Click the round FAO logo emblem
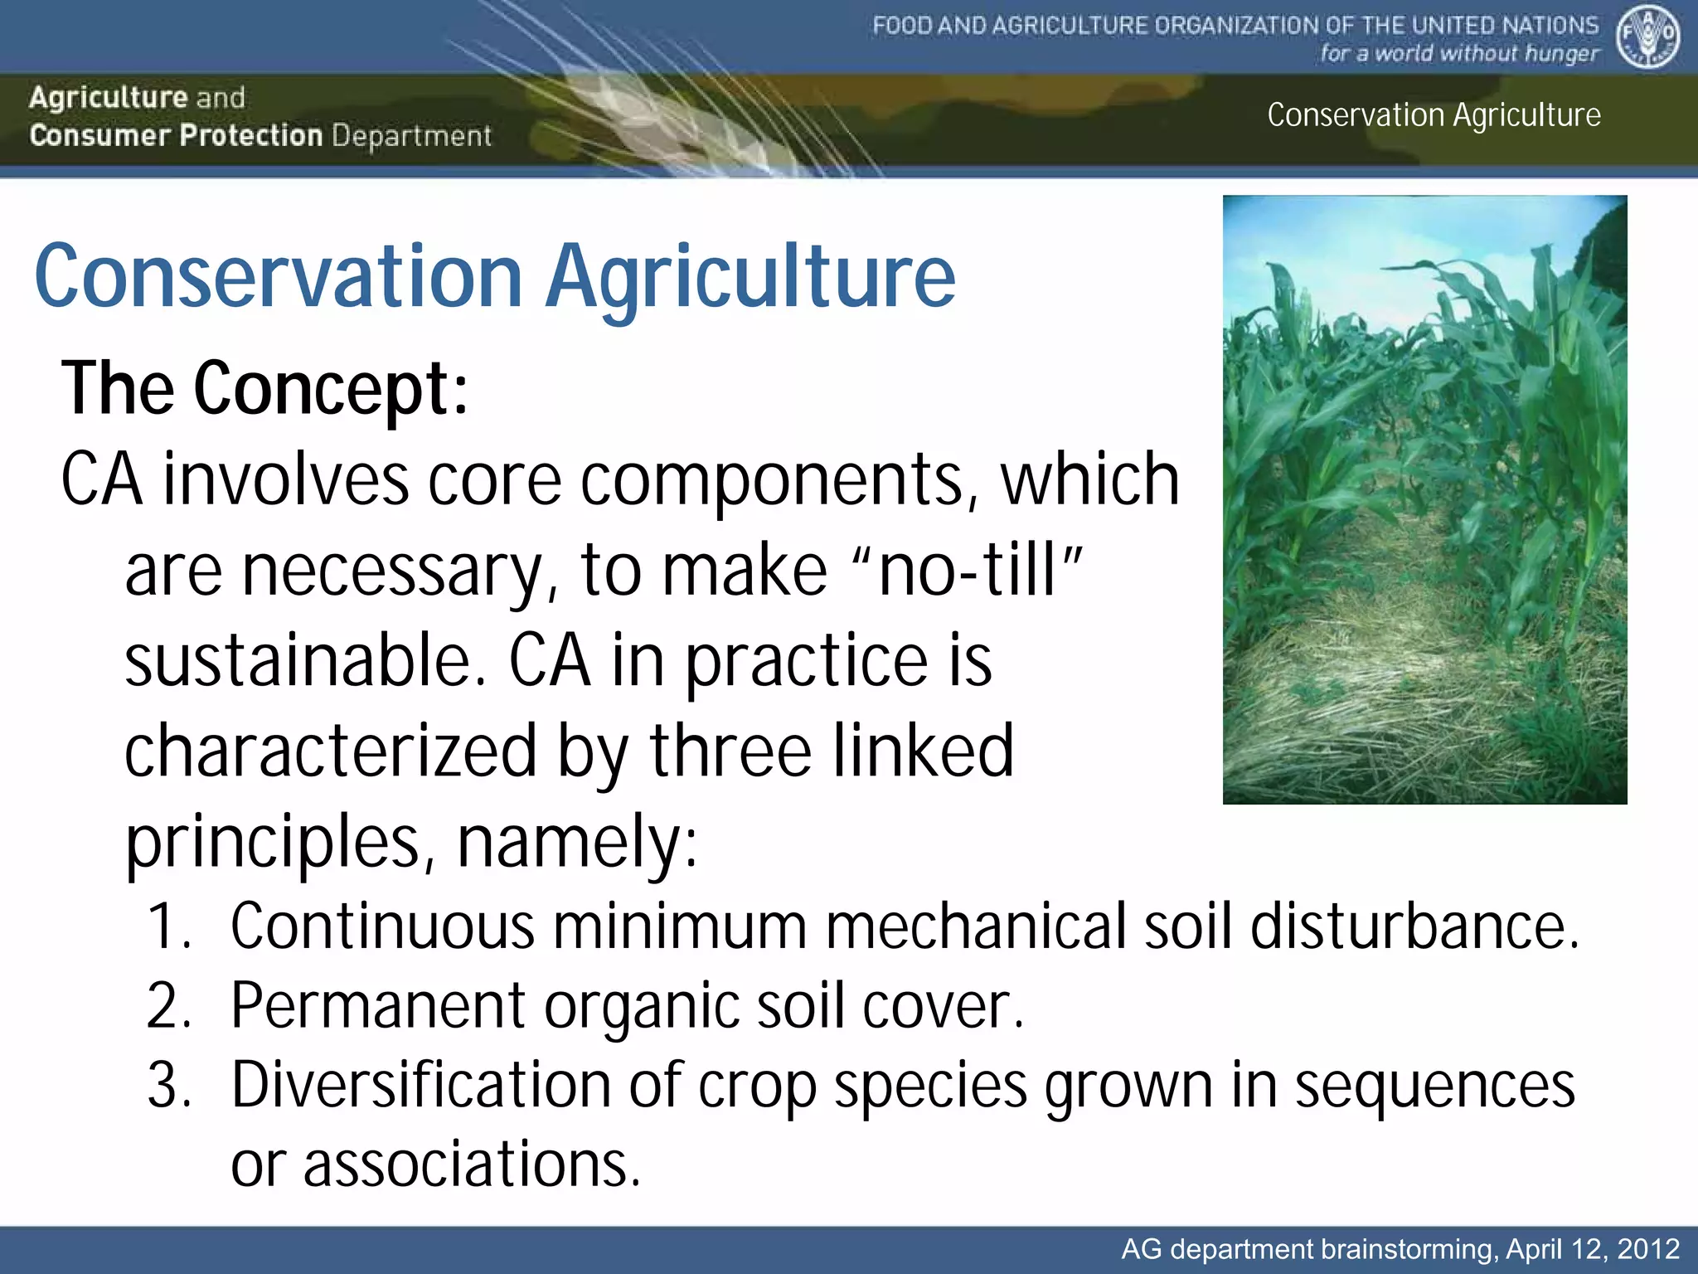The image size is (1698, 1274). (1647, 37)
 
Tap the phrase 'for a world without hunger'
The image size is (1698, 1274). (1458, 54)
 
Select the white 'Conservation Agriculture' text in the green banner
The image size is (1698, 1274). (1434, 115)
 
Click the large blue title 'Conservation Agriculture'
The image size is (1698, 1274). (495, 276)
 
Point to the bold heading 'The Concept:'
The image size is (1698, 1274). (264, 388)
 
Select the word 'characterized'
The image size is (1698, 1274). (330, 751)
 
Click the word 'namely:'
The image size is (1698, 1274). (578, 841)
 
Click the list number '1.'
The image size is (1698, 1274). (169, 926)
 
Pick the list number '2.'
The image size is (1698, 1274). (169, 1006)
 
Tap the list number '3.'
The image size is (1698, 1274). (169, 1086)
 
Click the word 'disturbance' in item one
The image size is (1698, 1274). (1414, 926)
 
